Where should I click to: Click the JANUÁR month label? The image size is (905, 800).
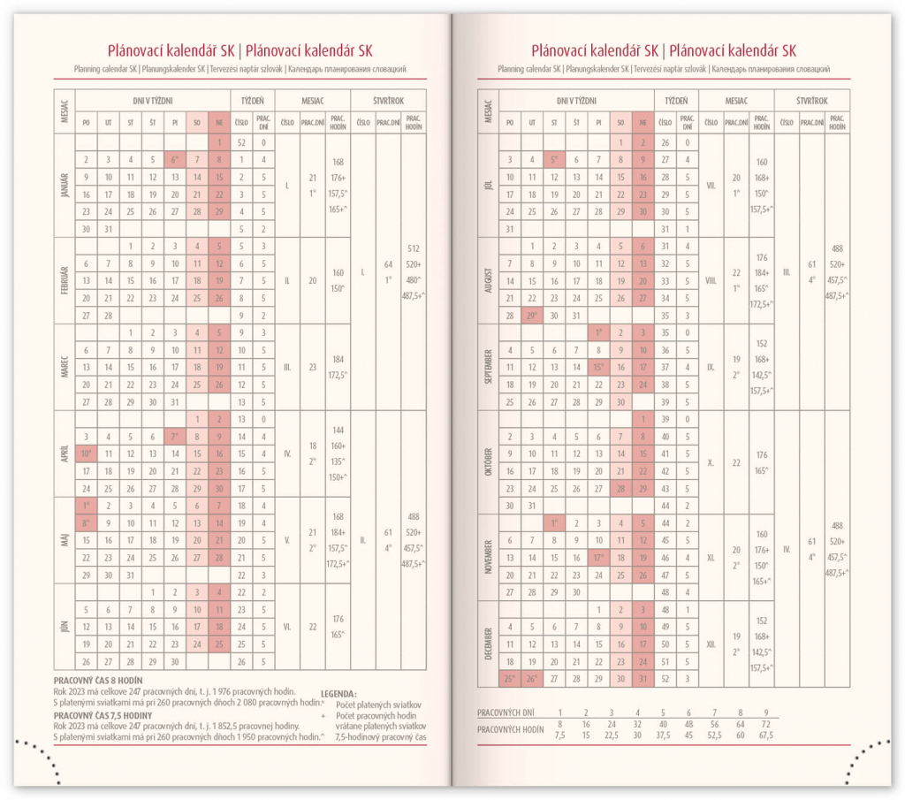point(65,186)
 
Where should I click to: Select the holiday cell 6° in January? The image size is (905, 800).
point(175,160)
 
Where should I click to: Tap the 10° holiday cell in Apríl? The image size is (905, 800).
point(86,453)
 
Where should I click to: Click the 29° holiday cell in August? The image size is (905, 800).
point(532,316)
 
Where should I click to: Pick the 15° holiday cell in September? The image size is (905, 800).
point(598,368)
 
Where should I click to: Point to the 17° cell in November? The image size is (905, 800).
point(598,558)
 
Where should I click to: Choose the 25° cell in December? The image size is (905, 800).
point(509,679)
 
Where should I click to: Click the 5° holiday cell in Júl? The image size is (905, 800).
point(554,160)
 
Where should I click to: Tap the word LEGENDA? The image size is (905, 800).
point(338,695)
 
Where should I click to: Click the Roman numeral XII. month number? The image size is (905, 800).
point(711,644)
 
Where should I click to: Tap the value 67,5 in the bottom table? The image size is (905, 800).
point(765,735)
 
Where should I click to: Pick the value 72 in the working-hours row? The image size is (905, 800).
point(765,723)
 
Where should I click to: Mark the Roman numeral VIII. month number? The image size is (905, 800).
point(711,280)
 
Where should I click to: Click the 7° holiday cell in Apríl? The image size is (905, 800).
point(175,437)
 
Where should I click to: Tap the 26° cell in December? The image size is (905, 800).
point(532,679)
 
